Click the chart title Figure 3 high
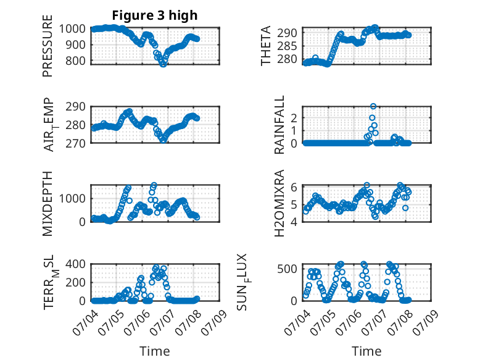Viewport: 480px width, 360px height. point(155,15)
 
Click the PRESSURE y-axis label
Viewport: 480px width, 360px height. point(48,46)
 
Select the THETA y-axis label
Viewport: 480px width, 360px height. point(266,46)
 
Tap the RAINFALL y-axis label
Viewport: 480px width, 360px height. point(279,125)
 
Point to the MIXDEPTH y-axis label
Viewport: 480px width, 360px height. point(48,203)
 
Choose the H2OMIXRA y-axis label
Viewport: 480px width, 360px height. point(279,203)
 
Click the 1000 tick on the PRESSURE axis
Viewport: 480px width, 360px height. point(72,29)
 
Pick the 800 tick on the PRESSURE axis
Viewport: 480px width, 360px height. point(75,61)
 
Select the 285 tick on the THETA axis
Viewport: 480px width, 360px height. point(287,46)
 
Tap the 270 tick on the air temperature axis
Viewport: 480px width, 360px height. point(75,143)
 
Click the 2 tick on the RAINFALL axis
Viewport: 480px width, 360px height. point(294,118)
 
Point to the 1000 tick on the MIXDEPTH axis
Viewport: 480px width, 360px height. point(72,199)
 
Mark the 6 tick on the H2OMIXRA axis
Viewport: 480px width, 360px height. point(294,186)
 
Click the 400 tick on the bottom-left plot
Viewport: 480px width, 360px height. point(75,264)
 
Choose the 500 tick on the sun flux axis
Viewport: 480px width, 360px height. point(287,269)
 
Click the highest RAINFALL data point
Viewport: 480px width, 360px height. point(373,106)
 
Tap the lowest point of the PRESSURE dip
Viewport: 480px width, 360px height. point(163,64)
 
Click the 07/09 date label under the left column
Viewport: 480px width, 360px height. point(215,322)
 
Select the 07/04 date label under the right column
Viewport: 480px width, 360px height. point(297,322)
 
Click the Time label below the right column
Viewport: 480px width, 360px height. point(366,351)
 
